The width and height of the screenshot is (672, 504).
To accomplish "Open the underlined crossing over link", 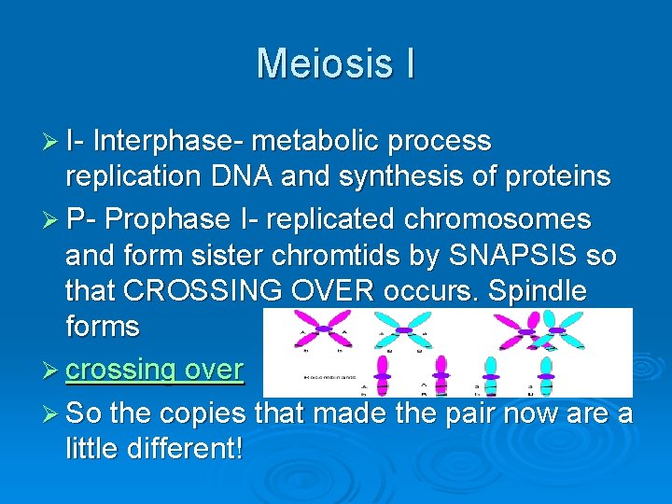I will coord(154,370).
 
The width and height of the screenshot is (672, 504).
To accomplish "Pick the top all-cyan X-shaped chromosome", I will coord(404,329).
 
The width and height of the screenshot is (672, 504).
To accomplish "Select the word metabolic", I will coord(312,141).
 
